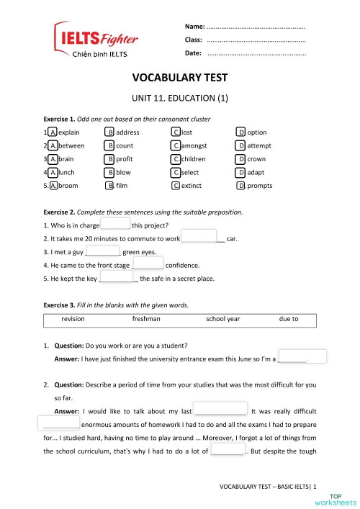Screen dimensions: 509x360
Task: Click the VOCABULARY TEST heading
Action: point(180,78)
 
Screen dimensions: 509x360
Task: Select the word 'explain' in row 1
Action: point(69,132)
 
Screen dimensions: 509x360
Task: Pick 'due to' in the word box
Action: point(289,318)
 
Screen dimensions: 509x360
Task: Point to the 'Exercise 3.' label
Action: point(60,305)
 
